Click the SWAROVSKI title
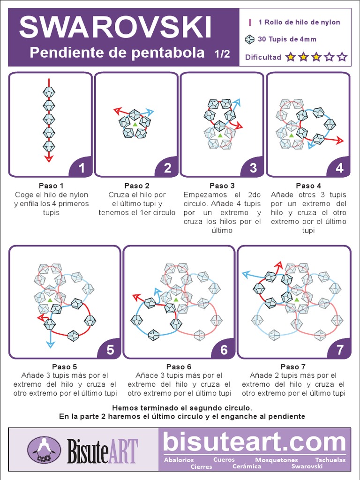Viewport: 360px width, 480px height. tap(115, 27)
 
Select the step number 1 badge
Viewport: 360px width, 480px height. tap(82, 168)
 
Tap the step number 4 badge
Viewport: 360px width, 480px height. tap(339, 168)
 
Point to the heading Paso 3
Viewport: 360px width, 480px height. tap(222, 186)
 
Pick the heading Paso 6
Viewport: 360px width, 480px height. tap(179, 367)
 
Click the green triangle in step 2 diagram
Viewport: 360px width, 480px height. tap(135, 124)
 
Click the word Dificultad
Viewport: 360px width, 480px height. tap(263, 57)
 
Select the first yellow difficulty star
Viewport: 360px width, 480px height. tap(291, 57)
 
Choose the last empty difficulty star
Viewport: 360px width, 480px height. tap(342, 57)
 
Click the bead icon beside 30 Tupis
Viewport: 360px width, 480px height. tap(250, 39)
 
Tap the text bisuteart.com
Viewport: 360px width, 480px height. tap(255, 442)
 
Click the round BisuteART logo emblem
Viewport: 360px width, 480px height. tap(44, 450)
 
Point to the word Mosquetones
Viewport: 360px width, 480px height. tap(276, 460)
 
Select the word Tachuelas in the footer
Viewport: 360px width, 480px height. tap(330, 460)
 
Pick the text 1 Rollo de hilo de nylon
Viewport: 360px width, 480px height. tap(299, 22)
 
